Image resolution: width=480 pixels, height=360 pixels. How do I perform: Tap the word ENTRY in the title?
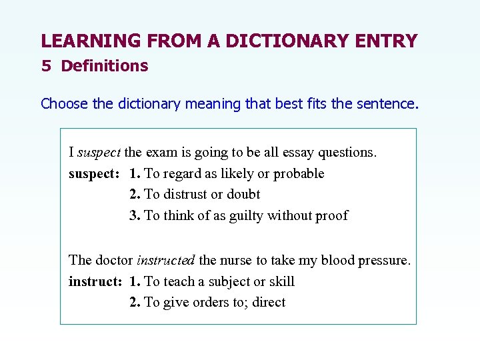(388, 41)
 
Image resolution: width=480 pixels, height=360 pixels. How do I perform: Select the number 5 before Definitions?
(45, 66)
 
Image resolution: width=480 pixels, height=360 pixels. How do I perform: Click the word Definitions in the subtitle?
(105, 66)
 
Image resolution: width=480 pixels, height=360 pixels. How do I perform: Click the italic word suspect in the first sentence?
(99, 152)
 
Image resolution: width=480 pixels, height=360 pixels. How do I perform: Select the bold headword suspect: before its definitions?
(94, 173)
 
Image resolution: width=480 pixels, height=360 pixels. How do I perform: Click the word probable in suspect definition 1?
(298, 173)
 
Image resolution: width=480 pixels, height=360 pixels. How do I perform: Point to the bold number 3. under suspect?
(135, 215)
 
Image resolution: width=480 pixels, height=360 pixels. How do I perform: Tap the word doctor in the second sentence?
(114, 260)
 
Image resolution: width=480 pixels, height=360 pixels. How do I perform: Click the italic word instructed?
(166, 260)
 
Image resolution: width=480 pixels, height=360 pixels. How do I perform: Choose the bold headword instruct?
(95, 281)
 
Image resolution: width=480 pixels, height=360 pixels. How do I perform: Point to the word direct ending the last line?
(269, 302)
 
